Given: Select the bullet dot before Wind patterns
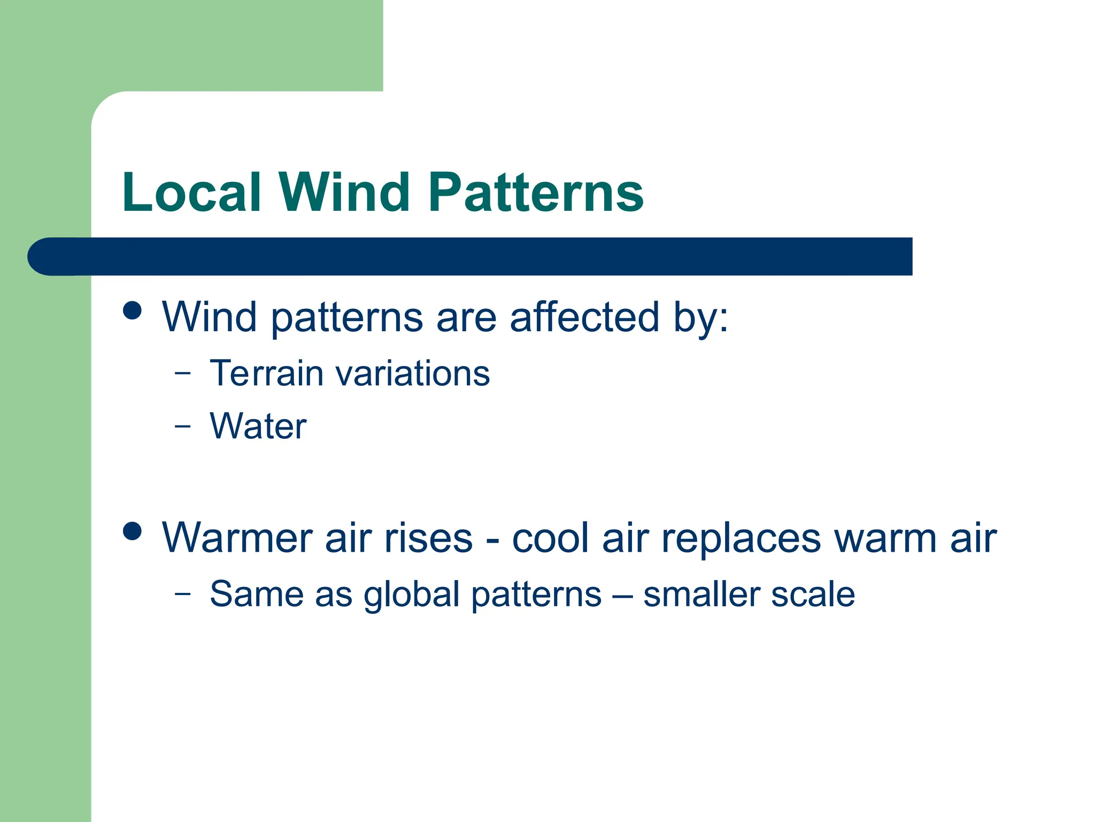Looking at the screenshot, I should [132, 310].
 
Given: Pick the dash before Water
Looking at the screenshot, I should [182, 427].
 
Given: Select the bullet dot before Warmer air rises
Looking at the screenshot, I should [132, 531].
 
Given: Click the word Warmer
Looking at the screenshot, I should [237, 537].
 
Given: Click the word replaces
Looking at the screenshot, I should [741, 537].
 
